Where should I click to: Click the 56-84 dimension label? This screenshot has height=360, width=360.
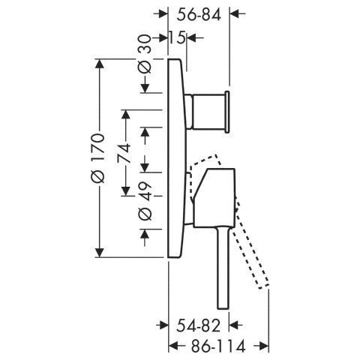(199, 15)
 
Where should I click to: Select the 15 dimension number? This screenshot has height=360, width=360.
(177, 38)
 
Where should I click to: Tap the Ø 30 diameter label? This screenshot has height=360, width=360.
(145, 54)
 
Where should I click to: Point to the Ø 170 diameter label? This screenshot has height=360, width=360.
(97, 158)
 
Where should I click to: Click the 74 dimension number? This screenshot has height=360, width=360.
(124, 153)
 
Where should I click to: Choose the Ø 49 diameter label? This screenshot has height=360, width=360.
(145, 202)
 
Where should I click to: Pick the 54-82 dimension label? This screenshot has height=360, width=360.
(199, 325)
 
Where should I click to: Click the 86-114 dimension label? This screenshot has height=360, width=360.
(218, 346)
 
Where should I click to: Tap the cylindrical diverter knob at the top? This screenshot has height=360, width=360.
(207, 111)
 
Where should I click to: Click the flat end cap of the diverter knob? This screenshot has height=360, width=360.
(227, 112)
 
